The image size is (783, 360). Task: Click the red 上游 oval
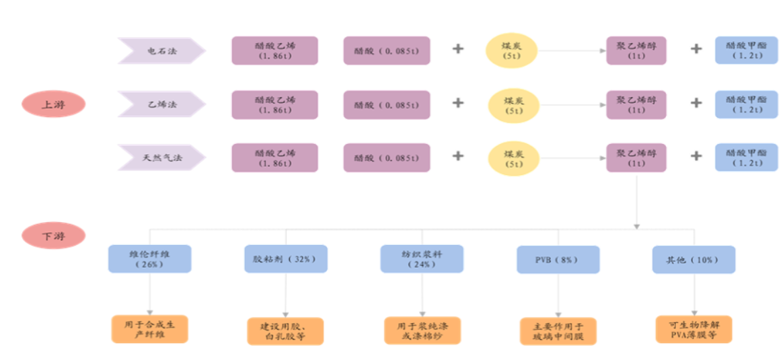[53, 104]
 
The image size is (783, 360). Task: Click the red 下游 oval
[53, 236]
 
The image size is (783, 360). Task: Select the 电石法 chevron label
[161, 50]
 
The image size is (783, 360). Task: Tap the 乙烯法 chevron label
[161, 104]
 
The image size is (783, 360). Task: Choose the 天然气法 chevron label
[161, 157]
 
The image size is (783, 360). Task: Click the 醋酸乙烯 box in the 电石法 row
[274, 50]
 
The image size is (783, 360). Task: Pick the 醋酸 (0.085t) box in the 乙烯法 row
[386, 104]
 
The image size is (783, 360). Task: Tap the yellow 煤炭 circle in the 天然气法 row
[513, 157]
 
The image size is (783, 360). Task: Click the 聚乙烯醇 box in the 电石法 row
[636, 50]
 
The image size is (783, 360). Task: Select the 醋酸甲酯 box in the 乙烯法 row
[746, 104]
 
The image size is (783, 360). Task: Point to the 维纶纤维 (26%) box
[149, 259]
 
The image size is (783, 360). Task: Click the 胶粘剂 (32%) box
[285, 259]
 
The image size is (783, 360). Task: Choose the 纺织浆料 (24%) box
[422, 259]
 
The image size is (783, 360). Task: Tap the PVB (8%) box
[558, 259]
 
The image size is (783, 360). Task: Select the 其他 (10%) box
[694, 259]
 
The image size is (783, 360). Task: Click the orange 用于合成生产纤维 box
[149, 329]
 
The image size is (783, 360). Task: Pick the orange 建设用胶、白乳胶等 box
[285, 331]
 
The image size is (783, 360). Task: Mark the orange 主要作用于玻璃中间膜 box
[558, 331]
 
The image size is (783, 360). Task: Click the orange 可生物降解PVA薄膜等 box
[694, 329]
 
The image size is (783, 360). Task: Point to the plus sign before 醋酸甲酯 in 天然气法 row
[696, 156]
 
